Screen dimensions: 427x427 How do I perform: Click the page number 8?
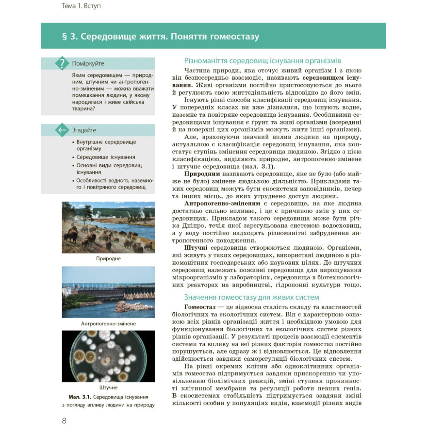pos(64,420)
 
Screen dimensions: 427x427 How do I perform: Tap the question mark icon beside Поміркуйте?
pos(62,63)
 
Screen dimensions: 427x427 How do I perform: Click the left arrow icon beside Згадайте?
pos(62,130)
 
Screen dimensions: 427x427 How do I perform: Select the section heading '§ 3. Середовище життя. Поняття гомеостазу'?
pos(160,37)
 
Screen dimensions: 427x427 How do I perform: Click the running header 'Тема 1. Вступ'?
pos(81,6)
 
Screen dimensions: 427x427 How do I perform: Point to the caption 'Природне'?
pos(108,259)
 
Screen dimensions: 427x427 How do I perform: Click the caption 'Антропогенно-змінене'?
pos(108,323)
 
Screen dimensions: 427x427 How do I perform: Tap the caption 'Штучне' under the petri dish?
pos(108,388)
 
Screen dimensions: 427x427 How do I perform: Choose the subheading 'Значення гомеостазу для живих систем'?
pos(252,297)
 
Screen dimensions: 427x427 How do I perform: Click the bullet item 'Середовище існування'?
pos(106,157)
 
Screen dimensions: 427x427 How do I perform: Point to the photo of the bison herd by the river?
pos(108,227)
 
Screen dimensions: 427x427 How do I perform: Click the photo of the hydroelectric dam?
pos(108,292)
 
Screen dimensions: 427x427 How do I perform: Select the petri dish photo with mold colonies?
pos(108,357)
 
